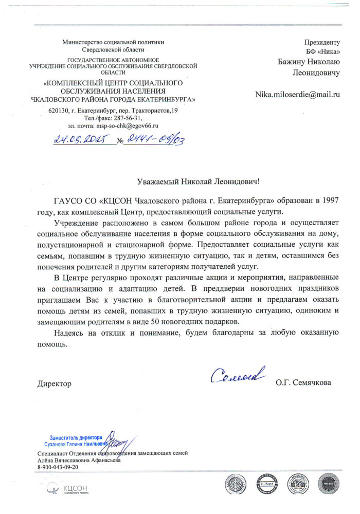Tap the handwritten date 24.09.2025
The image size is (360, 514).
coord(84,139)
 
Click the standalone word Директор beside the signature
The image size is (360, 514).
coord(54,383)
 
